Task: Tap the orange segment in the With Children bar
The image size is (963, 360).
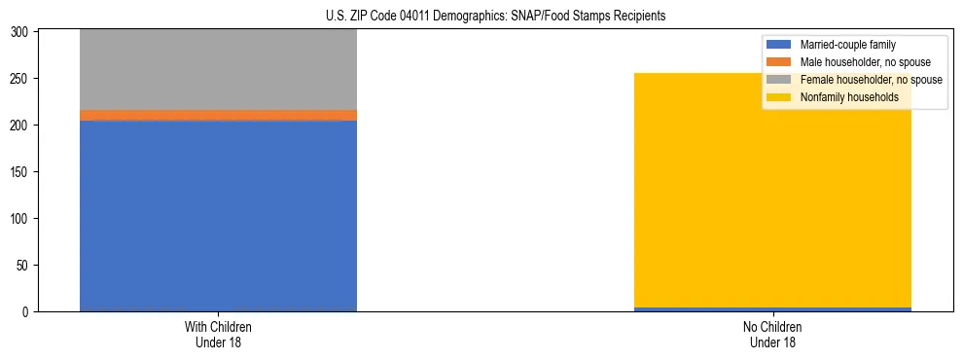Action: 218,115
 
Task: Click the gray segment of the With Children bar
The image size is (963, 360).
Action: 218,69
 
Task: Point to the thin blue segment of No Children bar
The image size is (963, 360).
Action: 773,309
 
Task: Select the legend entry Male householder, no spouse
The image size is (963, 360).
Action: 865,62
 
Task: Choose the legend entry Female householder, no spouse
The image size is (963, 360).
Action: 871,80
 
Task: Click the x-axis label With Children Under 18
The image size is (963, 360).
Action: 218,334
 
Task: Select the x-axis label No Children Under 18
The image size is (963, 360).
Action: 773,334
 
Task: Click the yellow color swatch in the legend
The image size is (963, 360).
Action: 779,97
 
